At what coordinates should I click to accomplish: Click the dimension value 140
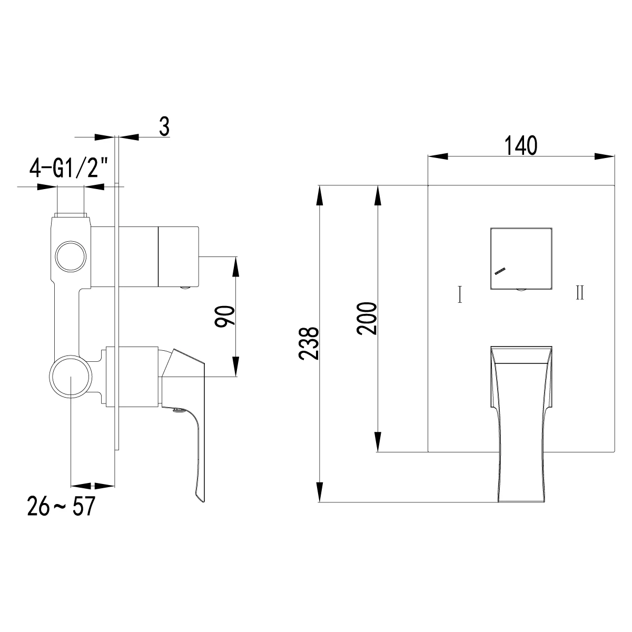pos(521,145)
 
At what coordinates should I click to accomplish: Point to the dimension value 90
pos(225,315)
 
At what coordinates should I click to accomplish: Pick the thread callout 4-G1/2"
pos(69,169)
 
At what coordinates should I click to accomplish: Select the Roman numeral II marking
pos(580,292)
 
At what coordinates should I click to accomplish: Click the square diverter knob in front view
pos(521,258)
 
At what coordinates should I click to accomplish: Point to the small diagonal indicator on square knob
pos(500,271)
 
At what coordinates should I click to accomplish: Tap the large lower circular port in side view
pos(71,377)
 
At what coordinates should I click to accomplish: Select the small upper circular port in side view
pos(70,257)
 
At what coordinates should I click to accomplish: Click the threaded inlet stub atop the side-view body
pos(70,203)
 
